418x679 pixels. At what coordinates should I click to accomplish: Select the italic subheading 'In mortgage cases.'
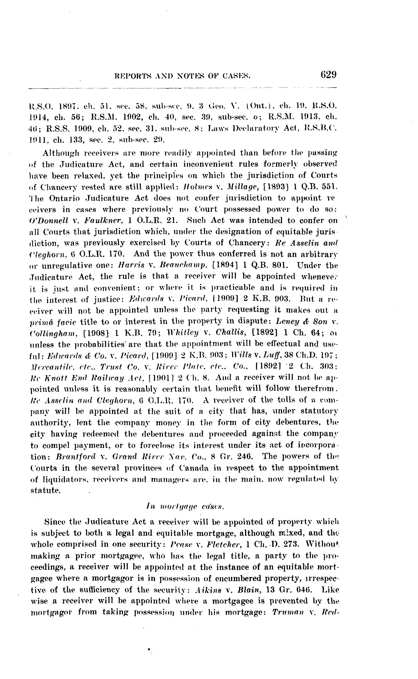[x=184, y=507]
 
